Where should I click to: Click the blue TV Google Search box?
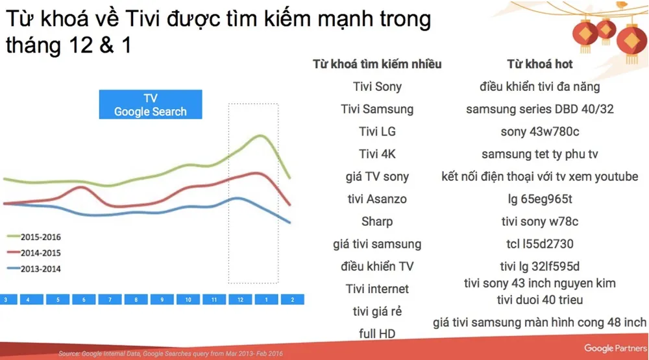[151, 104]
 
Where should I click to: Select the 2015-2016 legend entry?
[34, 237]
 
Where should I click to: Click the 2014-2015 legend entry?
[34, 253]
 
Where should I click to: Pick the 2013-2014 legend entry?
[34, 269]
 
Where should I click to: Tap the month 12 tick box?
[240, 300]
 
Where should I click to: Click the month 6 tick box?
[84, 300]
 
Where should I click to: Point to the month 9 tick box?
[162, 300]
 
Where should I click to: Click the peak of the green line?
[260, 136]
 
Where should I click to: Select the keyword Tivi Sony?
[377, 86]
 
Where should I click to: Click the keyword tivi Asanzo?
[377, 199]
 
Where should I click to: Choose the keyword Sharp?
[377, 221]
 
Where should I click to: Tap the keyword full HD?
[377, 333]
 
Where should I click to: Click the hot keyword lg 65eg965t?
[540, 199]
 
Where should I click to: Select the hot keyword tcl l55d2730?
[540, 244]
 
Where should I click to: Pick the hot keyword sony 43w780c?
[540, 132]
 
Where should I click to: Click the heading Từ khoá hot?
[540, 64]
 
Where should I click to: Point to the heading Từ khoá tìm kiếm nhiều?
[377, 64]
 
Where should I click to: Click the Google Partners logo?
[615, 348]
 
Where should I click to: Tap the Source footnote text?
[171, 354]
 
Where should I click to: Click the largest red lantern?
[631, 42]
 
